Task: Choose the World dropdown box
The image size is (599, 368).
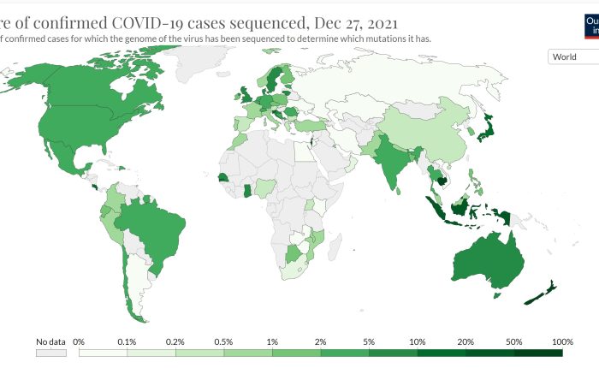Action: pos(572,56)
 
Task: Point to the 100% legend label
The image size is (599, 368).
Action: pos(562,341)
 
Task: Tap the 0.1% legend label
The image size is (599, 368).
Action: pos(128,341)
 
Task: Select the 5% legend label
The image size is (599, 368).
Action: pos(369,341)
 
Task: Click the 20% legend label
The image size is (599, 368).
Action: pos(466,341)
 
